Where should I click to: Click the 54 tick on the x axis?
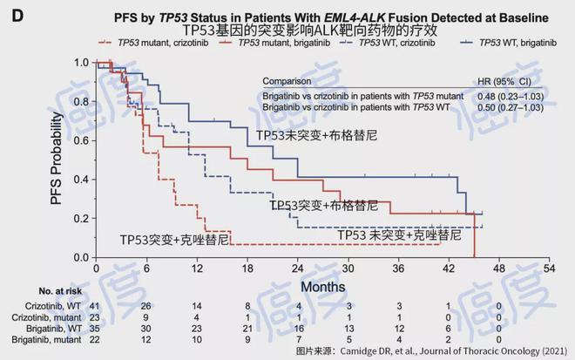click(x=550, y=269)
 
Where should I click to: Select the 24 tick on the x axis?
click(x=298, y=269)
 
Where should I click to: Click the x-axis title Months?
click(x=325, y=286)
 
